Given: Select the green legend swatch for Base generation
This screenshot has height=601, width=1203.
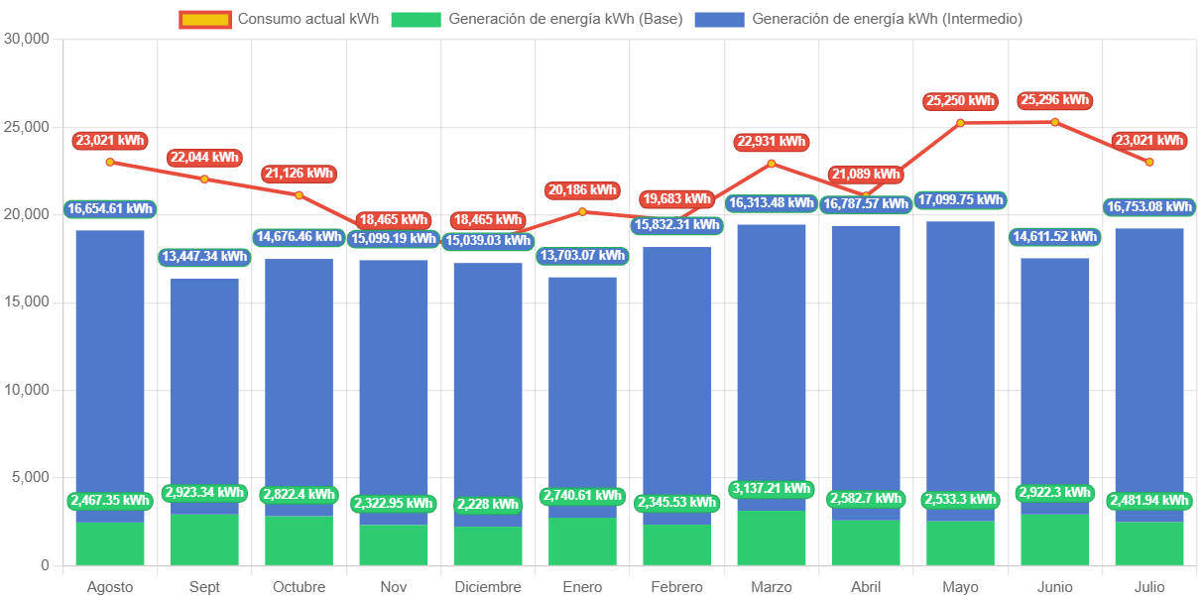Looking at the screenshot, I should click(x=416, y=19).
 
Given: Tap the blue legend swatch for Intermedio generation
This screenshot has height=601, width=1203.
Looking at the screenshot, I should click(x=719, y=19).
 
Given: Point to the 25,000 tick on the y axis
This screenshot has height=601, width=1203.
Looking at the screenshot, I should click(x=28, y=127).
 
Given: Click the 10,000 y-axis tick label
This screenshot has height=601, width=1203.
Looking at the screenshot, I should click(x=28, y=390).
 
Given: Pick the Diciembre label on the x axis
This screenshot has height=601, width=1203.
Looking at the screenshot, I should click(x=488, y=587).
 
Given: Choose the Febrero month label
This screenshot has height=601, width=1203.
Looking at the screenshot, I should click(x=677, y=587).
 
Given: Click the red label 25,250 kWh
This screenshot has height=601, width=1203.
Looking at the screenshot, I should click(x=960, y=101).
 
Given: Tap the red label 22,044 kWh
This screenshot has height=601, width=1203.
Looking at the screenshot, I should click(x=204, y=158).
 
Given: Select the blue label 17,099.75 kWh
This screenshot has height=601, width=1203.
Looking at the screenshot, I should click(x=960, y=200).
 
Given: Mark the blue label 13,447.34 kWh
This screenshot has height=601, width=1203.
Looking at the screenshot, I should click(x=204, y=258).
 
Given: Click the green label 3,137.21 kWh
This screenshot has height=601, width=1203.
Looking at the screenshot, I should click(x=772, y=489).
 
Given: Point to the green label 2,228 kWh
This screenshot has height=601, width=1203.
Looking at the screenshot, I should click(x=488, y=505).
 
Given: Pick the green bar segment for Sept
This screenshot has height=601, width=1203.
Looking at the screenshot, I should click(x=204, y=541).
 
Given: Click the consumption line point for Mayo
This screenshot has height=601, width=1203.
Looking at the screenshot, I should click(x=960, y=123).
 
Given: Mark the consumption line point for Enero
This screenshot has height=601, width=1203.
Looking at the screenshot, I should click(x=582, y=211).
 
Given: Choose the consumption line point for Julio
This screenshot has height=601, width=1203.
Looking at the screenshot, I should click(x=1149, y=162).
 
